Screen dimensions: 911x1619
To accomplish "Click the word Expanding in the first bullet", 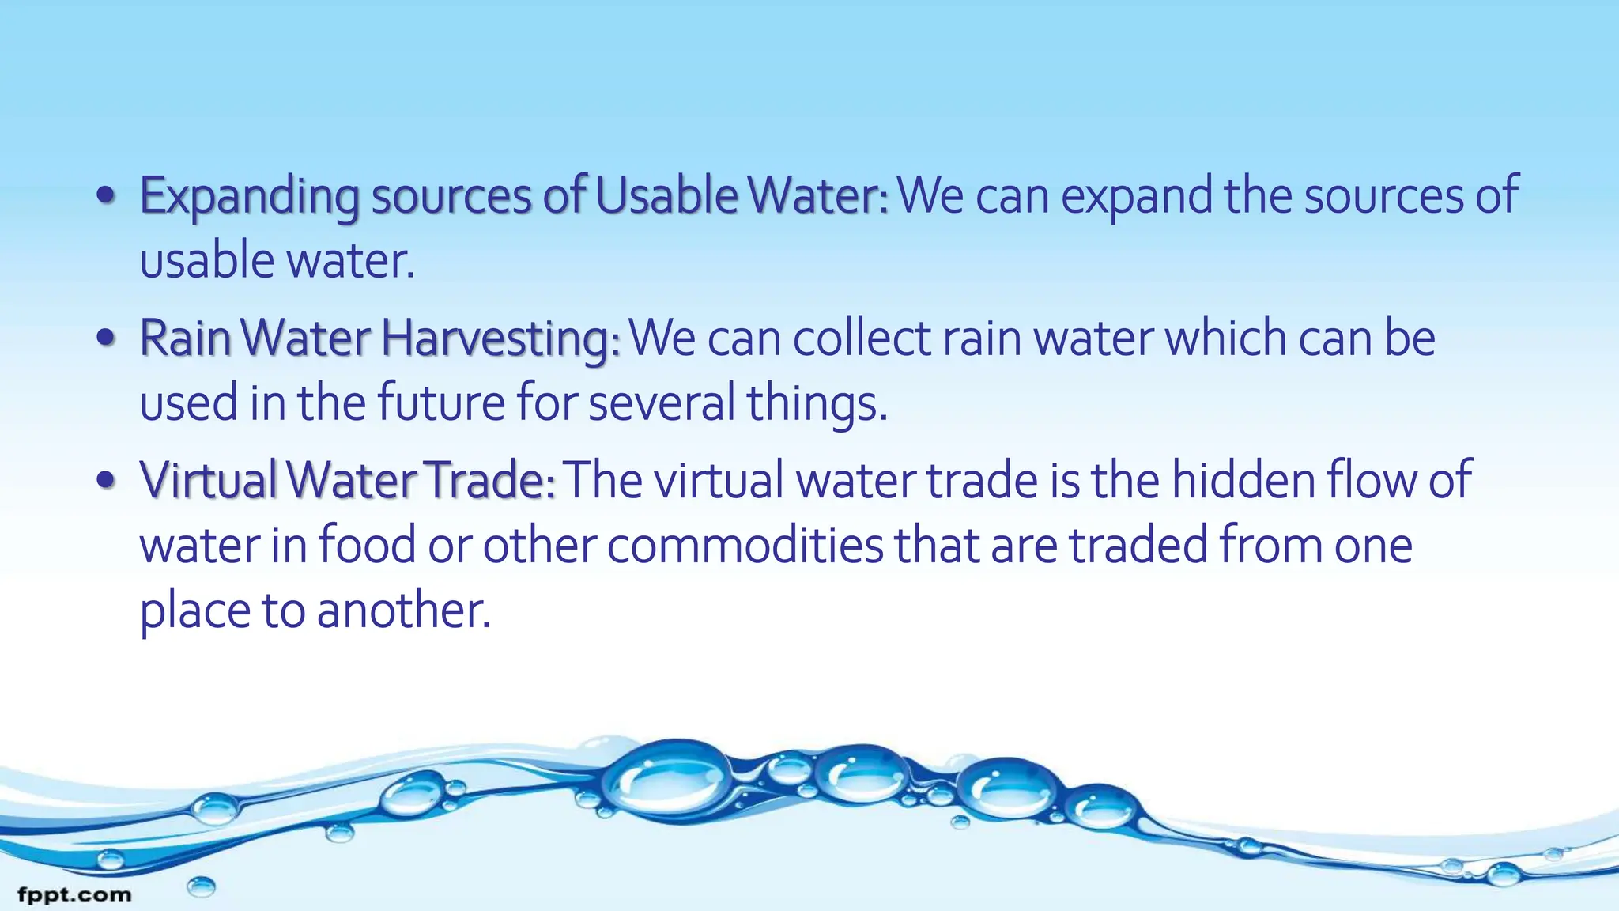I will (x=248, y=197).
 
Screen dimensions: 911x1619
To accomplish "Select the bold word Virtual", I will (x=208, y=480).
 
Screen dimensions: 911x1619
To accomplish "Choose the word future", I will (x=440, y=403).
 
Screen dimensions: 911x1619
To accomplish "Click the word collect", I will (x=862, y=339).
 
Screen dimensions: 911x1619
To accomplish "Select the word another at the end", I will (x=403, y=611).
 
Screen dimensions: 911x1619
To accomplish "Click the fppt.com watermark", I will (x=74, y=895).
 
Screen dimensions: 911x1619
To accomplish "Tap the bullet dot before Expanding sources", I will (x=106, y=196).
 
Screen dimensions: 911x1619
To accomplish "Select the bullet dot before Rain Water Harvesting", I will (x=106, y=338).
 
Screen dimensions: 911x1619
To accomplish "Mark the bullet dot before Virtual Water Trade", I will (x=106, y=480).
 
